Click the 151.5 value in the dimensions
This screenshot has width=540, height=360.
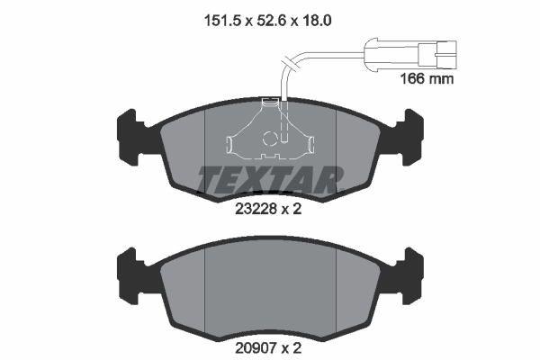pos(222,21)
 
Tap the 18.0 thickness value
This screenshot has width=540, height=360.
pos(317,21)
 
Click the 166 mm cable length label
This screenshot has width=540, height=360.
pos(427,79)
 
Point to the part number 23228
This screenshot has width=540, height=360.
pos(256,209)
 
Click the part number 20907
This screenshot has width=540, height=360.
pos(256,348)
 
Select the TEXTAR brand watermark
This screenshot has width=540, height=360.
pos(270,179)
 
